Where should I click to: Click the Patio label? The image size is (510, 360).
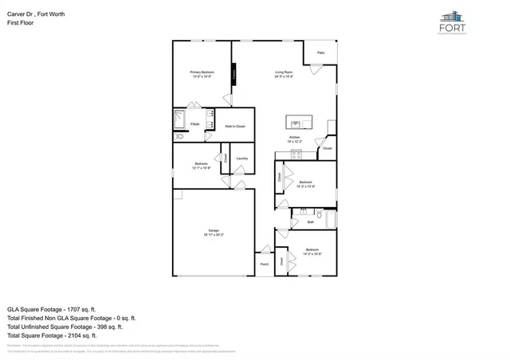point(320,53)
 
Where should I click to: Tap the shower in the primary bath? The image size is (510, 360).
point(180,120)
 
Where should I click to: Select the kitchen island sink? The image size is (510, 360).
point(295,123)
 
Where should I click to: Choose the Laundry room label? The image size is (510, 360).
point(242,158)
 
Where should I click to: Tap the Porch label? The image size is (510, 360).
point(264,264)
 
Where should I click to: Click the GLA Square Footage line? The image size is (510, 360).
point(52,308)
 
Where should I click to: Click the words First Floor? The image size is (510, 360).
point(22,23)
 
